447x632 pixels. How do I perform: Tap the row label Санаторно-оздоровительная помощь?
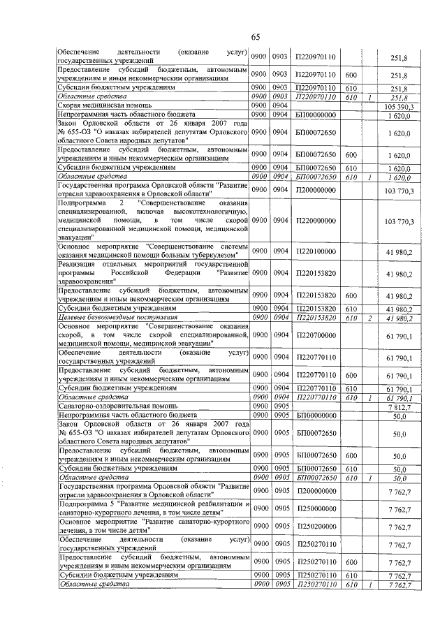112,406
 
